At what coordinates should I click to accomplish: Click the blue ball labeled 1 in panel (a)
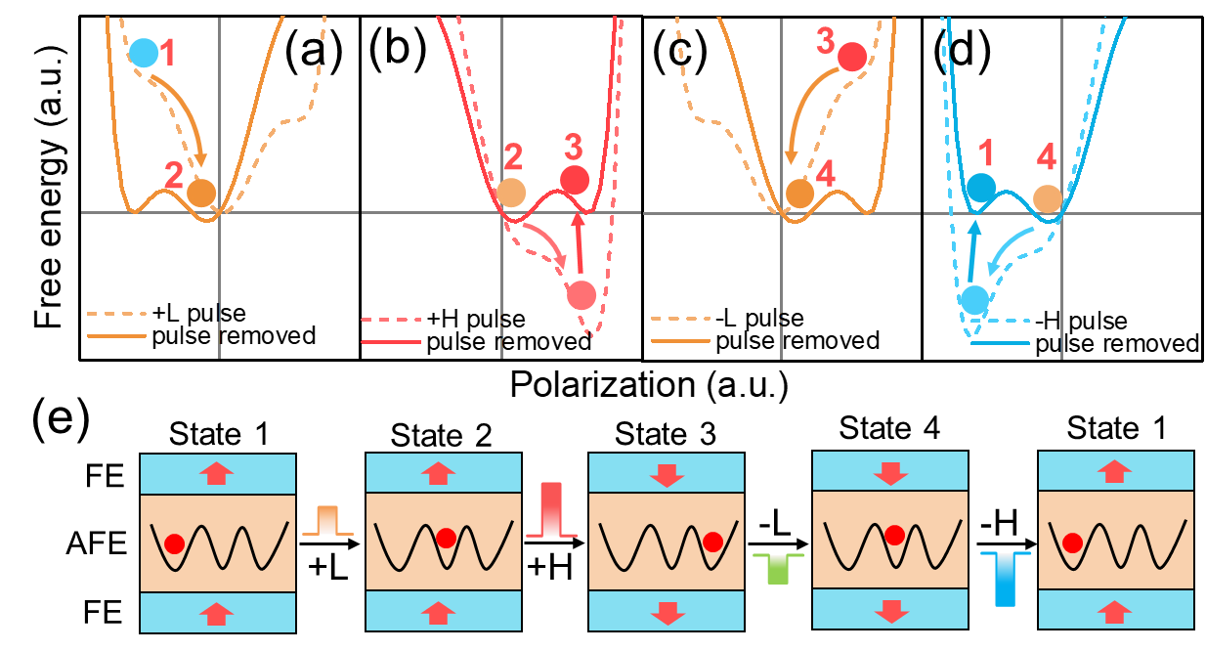click(144, 53)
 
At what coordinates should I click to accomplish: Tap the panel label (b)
click(398, 49)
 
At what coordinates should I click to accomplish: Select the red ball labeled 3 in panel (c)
click(852, 57)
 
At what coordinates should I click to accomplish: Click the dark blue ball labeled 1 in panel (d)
click(981, 188)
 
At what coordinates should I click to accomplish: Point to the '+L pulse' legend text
click(199, 313)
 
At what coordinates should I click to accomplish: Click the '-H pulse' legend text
click(1081, 322)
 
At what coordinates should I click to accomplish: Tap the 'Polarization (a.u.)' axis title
click(649, 385)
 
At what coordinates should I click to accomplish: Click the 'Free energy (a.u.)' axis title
click(50, 187)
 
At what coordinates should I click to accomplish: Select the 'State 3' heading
click(666, 434)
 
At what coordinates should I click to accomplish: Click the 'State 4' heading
click(889, 428)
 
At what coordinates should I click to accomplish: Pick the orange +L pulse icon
click(327, 521)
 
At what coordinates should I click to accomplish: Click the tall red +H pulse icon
click(551, 510)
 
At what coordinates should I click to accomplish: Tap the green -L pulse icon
click(778, 569)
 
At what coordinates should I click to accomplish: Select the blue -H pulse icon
click(1005, 580)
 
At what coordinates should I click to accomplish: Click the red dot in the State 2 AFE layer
click(446, 538)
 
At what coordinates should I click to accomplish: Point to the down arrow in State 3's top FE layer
click(668, 474)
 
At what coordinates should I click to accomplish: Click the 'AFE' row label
click(97, 543)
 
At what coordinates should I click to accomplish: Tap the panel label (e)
click(61, 419)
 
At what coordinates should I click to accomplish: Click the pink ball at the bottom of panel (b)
click(581, 295)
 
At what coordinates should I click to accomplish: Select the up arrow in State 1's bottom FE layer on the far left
click(216, 614)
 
